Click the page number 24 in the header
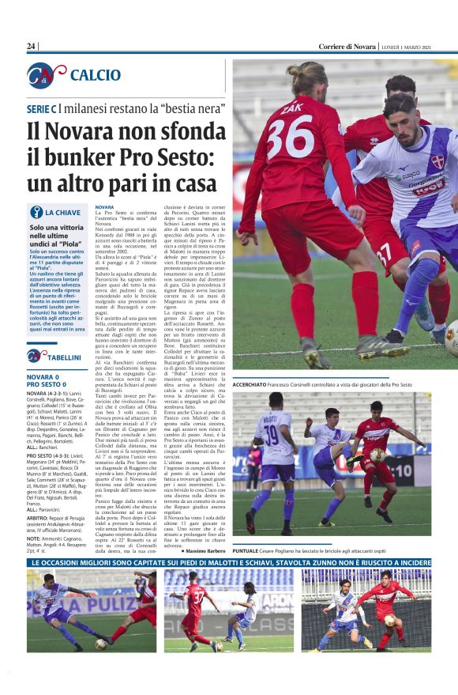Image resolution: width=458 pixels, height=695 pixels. [32, 47]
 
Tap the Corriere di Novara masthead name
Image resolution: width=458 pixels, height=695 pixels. [347, 47]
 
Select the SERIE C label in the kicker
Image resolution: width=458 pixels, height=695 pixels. [42, 107]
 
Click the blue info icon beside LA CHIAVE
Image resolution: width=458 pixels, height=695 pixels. [36, 212]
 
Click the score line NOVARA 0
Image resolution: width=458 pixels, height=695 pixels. [48, 376]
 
